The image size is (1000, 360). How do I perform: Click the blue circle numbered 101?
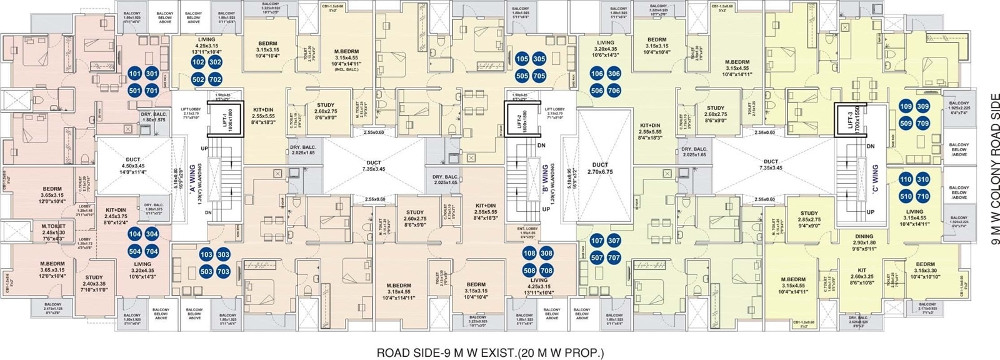[x=134, y=74]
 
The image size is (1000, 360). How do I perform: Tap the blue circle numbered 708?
[x=546, y=271]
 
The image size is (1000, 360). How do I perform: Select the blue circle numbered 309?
[x=922, y=107]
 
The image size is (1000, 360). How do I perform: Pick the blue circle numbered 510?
[x=906, y=196]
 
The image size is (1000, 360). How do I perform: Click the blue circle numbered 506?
[x=597, y=91]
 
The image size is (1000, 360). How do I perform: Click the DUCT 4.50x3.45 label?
[x=133, y=164]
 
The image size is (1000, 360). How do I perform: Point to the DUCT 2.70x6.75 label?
[x=600, y=169]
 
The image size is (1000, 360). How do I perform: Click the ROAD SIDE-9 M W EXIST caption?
[x=490, y=352]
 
